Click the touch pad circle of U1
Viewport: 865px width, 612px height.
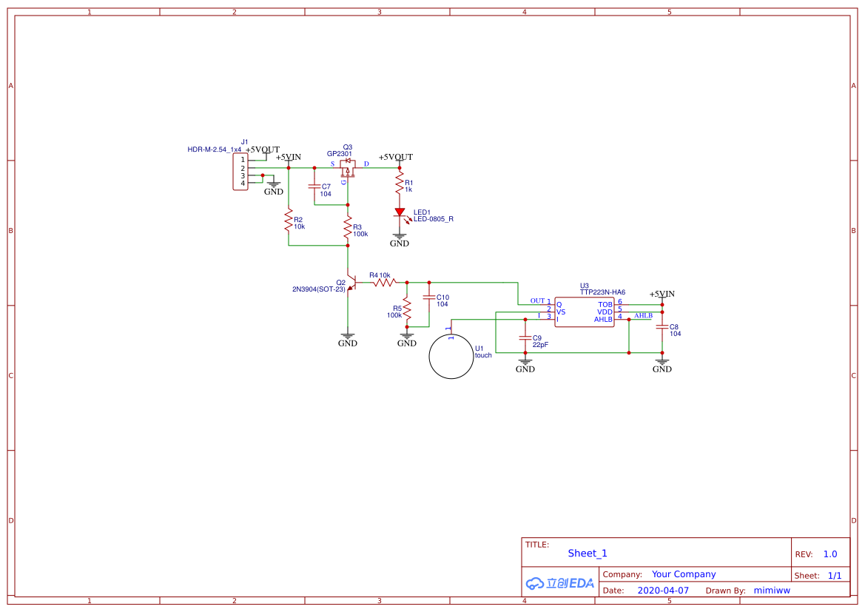(x=429, y=357)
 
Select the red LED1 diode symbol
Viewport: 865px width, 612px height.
(x=400, y=212)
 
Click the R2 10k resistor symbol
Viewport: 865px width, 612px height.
(x=289, y=221)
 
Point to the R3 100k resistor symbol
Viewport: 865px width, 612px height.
(x=348, y=227)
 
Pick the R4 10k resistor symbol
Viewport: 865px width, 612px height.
(x=385, y=283)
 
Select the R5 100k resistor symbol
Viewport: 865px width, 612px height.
(x=407, y=311)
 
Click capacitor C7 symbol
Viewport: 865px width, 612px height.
(x=314, y=186)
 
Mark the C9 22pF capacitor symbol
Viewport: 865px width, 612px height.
(x=525, y=337)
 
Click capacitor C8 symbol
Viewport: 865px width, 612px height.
(x=662, y=326)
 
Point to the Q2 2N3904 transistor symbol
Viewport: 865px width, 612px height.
(x=351, y=283)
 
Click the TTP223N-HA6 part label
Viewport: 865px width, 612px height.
(x=602, y=292)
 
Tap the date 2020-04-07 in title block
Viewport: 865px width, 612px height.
(x=663, y=591)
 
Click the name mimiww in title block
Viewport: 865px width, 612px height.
(x=772, y=591)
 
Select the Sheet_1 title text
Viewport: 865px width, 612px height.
(x=588, y=554)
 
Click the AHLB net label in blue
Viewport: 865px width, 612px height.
(x=643, y=316)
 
